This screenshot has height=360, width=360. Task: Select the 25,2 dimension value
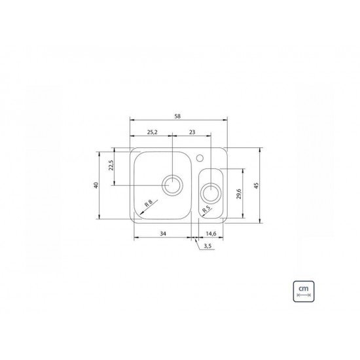(x=151, y=132)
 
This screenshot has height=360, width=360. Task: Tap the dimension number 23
(x=191, y=132)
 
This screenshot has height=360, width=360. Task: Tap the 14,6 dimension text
(x=212, y=234)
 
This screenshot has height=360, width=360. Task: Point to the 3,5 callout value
(x=207, y=247)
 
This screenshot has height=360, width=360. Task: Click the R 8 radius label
(x=149, y=203)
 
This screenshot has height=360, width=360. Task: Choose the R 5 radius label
(x=206, y=209)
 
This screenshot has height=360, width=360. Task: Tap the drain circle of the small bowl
(x=211, y=192)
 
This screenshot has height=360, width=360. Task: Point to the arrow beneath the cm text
(x=303, y=295)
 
